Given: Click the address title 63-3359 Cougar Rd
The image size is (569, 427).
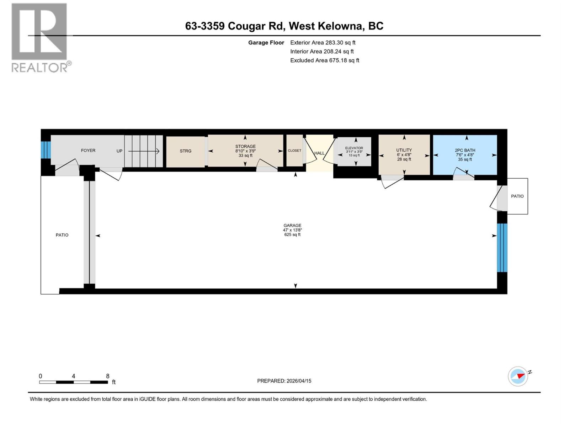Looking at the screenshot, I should point(284,26).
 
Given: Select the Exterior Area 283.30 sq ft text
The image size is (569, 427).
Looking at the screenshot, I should point(323,42).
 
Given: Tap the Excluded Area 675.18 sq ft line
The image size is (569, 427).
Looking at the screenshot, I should point(324,60).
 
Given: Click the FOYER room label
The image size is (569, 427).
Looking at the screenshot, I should point(88,151).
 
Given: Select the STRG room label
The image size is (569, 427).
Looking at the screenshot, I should point(185,151).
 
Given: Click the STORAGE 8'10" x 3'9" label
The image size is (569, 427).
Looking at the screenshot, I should point(245,151).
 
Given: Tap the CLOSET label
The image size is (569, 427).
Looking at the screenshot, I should point(294,151).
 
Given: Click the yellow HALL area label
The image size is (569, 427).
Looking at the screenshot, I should point(319,153).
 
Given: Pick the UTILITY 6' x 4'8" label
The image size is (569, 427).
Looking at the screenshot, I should point(404,154).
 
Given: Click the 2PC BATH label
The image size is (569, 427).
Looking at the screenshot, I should point(465,154).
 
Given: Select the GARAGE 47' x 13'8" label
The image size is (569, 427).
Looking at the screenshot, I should point(292,230).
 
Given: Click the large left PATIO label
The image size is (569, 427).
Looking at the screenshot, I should point(62,235).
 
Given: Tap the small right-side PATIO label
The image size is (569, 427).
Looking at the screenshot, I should point(517,196).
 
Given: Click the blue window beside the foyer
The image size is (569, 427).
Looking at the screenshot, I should point(46,150).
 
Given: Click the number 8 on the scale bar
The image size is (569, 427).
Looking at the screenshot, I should point(108,376).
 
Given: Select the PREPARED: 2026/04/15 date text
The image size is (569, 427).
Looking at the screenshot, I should point(284,381).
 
